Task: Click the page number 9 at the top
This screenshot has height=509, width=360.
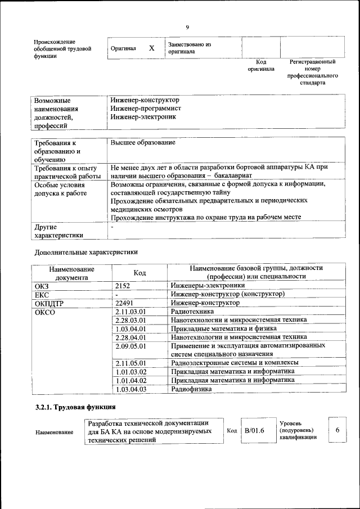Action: click(x=187, y=27)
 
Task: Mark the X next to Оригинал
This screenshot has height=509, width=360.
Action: click(x=151, y=48)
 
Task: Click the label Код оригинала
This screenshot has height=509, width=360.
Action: click(x=261, y=65)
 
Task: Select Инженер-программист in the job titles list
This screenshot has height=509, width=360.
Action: click(x=146, y=109)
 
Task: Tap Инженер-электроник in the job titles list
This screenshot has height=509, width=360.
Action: click(x=143, y=117)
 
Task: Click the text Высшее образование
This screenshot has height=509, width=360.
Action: click(x=143, y=143)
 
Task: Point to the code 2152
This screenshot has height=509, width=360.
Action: click(x=122, y=286)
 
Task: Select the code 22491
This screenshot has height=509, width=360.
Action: click(x=124, y=303)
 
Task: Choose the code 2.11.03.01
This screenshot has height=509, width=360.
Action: click(x=130, y=311)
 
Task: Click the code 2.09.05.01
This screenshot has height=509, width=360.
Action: click(x=130, y=345)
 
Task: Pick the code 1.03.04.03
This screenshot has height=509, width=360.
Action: click(x=130, y=389)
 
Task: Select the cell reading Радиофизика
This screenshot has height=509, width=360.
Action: click(x=191, y=389)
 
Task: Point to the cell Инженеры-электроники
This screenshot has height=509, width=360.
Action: click(x=204, y=286)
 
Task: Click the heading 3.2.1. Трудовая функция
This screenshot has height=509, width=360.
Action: click(x=75, y=407)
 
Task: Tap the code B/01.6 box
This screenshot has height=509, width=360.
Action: click(x=254, y=430)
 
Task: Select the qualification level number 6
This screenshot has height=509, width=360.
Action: click(x=337, y=430)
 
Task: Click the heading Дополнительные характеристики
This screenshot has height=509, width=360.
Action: click(x=86, y=252)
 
